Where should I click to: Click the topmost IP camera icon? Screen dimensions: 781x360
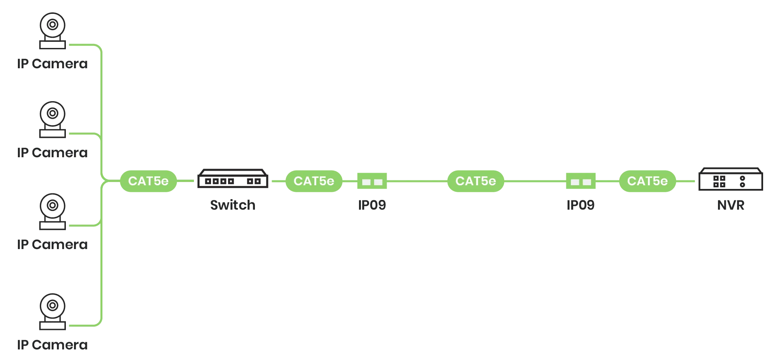click(x=52, y=31)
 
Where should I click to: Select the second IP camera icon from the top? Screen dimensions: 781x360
click(x=52, y=119)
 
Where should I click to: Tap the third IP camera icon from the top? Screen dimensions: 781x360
click(x=52, y=212)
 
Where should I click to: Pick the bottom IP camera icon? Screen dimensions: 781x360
click(x=52, y=312)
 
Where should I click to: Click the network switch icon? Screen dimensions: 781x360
click(x=233, y=178)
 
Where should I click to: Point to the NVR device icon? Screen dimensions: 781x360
click(x=731, y=179)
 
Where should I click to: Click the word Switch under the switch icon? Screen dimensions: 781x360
click(x=233, y=205)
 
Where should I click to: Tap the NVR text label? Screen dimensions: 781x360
click(x=731, y=205)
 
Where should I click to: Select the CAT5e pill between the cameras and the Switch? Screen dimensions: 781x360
click(x=148, y=181)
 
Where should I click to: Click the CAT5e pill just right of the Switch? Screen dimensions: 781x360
click(x=314, y=181)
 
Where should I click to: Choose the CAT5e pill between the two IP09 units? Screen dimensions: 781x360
click(x=476, y=181)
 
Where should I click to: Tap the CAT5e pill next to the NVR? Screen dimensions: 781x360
click(x=647, y=181)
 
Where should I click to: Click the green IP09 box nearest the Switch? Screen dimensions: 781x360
click(x=372, y=181)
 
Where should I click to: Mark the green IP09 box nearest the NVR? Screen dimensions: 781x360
click(x=581, y=181)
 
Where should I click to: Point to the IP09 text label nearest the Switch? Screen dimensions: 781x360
click(x=372, y=205)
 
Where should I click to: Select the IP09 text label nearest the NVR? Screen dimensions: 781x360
click(x=581, y=205)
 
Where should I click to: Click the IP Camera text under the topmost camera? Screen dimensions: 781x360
click(x=52, y=64)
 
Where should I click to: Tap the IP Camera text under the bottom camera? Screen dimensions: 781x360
click(x=52, y=345)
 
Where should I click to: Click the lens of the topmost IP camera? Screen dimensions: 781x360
click(x=52, y=24)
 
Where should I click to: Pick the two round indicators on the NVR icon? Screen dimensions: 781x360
click(x=742, y=182)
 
